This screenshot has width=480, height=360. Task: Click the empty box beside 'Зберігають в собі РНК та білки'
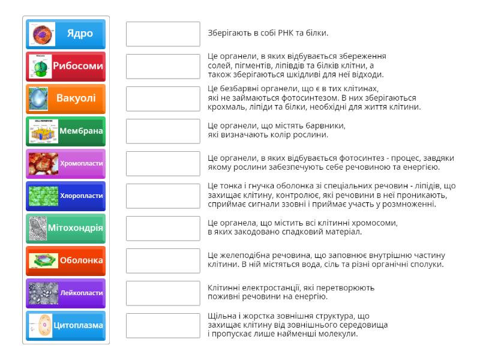[x=163, y=34]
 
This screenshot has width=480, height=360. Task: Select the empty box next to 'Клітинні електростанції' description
[x=163, y=293]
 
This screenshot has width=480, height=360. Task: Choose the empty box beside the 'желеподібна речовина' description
[x=163, y=261]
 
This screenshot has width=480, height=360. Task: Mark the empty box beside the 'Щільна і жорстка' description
[x=163, y=326]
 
